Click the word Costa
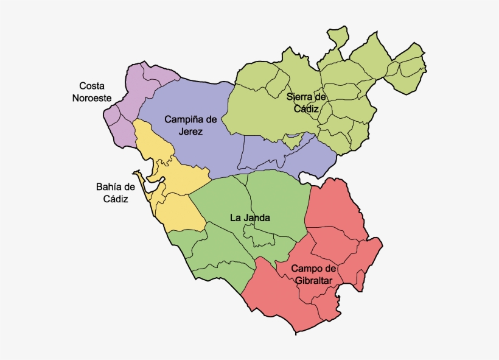coord(92,86)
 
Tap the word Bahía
coord(109,187)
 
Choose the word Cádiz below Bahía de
coord(115,199)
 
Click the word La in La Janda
coord(234,217)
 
